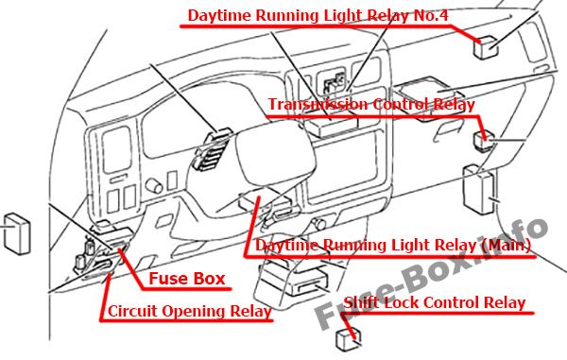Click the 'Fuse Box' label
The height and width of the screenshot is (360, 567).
click(187, 279)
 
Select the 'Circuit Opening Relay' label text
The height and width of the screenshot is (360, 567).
click(190, 311)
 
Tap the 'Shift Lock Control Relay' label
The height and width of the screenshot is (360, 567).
click(435, 302)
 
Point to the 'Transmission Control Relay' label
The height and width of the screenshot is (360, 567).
click(371, 104)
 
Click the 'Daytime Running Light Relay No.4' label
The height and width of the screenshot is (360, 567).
click(318, 15)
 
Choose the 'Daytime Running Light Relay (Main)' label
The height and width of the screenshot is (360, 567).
click(393, 246)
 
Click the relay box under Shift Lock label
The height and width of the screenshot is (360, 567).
click(349, 339)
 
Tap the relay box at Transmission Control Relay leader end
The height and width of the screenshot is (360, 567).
click(484, 142)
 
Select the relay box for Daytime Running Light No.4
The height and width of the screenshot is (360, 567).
click(486, 46)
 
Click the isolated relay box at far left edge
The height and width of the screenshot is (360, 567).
click(17, 233)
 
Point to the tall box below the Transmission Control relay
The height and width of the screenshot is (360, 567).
click(478, 189)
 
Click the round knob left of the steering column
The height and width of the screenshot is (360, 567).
click(154, 186)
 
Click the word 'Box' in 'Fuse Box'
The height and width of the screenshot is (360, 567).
click(209, 279)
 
